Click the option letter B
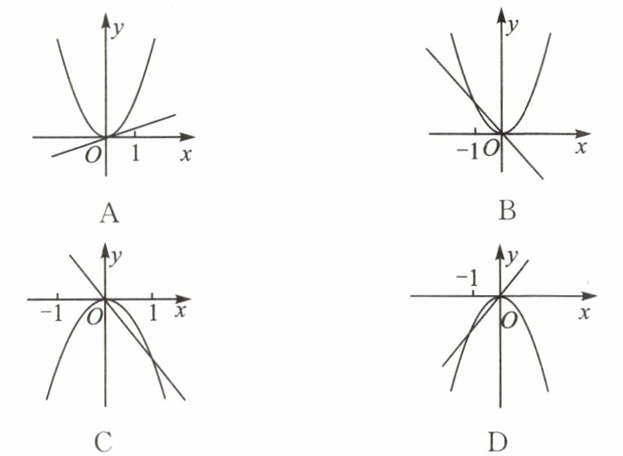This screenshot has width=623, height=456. coord(507,212)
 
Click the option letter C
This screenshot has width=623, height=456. coord(102,441)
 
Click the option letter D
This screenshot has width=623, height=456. coord(497,441)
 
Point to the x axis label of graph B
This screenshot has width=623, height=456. coord(581,149)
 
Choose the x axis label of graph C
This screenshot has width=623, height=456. coord(180,311)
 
